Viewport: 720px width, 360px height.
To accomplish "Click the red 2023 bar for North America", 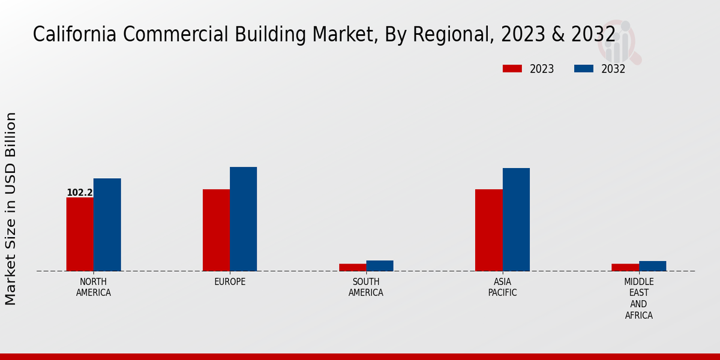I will (x=80, y=234).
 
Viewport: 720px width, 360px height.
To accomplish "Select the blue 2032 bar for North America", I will (x=107, y=224).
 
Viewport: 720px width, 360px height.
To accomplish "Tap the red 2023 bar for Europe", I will (x=216, y=230).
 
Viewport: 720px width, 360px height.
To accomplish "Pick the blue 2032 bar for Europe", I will (x=243, y=219).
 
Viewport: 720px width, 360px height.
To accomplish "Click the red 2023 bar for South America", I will (x=352, y=268).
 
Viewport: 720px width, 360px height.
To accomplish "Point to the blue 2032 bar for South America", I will (x=380, y=266).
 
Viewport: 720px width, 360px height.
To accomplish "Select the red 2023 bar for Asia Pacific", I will (x=488, y=230).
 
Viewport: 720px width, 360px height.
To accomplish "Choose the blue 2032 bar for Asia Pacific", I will (x=516, y=220).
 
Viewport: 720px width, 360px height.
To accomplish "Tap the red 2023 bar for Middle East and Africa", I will (x=625, y=268).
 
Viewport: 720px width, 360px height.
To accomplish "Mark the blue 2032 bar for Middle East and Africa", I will (x=652, y=266).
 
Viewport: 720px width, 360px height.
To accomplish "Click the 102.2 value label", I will (x=79, y=193).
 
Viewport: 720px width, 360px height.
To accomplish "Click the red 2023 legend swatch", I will (x=512, y=69).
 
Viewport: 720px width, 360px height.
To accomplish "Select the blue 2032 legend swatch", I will (x=583, y=69).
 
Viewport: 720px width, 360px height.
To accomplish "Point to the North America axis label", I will (x=93, y=287).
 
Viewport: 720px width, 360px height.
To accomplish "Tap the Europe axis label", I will (x=230, y=282).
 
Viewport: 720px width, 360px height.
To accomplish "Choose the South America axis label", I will (x=366, y=287).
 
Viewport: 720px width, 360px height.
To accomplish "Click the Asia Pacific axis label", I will (x=502, y=287).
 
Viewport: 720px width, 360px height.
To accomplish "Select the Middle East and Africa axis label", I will (x=638, y=299).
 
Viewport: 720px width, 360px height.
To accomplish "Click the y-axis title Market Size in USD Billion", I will (x=11, y=208).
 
